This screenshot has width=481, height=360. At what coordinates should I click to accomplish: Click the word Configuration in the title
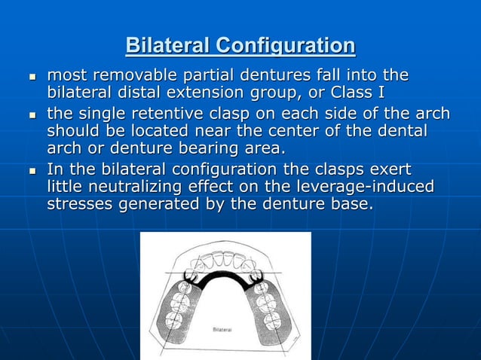285,46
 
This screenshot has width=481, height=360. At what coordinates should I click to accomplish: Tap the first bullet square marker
32,78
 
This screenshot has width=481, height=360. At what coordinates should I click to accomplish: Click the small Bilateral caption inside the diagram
224,330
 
